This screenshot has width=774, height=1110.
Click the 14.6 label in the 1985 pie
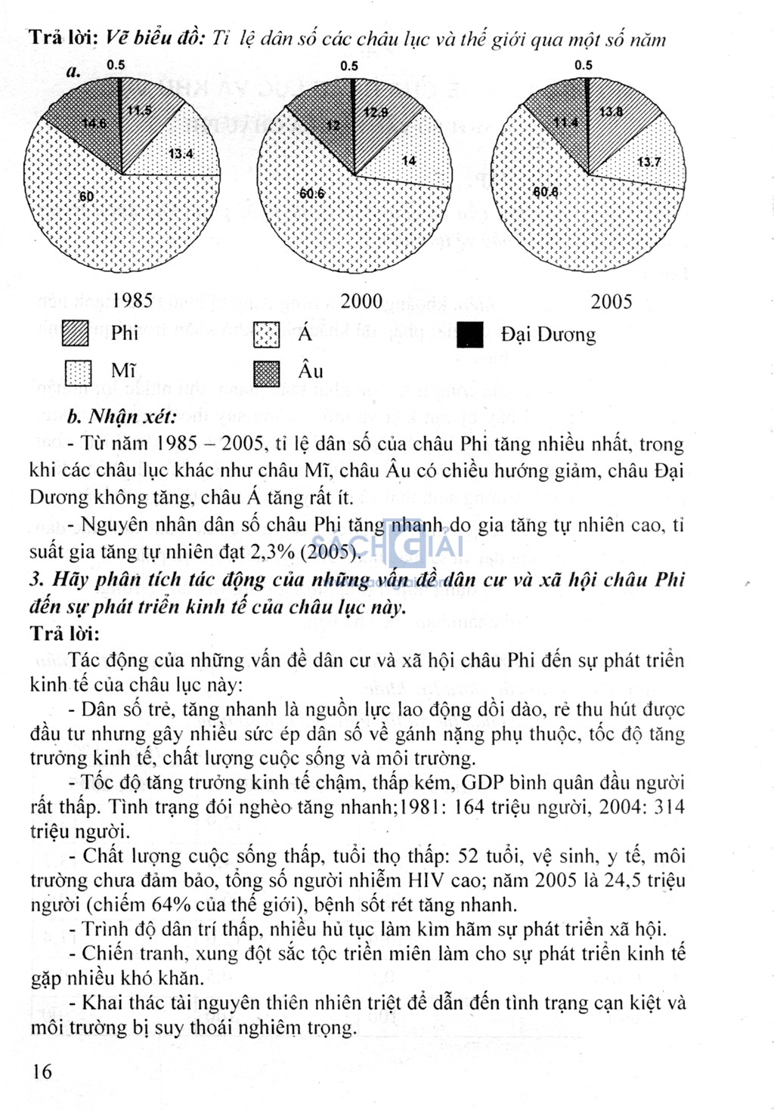click(x=94, y=123)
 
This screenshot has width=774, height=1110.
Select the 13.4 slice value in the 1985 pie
click(x=181, y=154)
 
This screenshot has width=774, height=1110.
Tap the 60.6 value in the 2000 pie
click(x=311, y=194)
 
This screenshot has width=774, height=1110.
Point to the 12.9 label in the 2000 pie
click(x=376, y=113)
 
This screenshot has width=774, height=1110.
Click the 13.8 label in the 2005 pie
click(x=611, y=112)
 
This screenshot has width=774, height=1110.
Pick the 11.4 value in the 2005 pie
click(x=565, y=122)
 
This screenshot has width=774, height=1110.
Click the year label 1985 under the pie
click(x=132, y=301)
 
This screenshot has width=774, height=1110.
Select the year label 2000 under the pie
click(x=361, y=301)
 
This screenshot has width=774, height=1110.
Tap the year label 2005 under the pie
click(x=611, y=302)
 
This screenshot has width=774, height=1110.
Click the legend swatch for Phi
click(x=76, y=333)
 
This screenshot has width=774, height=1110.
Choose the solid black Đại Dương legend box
click(x=470, y=335)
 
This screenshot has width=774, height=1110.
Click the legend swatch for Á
click(x=266, y=335)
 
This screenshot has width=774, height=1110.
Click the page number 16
click(x=42, y=1071)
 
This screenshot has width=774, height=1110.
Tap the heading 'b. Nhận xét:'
click(x=122, y=417)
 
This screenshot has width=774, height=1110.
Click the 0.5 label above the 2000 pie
click(x=349, y=66)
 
